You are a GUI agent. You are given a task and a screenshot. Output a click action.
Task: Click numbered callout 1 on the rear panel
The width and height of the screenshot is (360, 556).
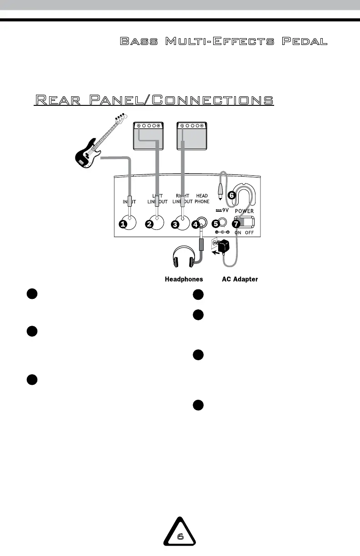point(123,223)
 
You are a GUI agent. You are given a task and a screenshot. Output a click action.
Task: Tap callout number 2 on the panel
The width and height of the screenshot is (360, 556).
point(150,223)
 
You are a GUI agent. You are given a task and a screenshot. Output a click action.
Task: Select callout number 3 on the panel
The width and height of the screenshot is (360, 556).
point(175,223)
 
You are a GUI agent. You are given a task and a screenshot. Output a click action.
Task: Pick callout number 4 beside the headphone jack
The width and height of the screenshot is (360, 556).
point(195,223)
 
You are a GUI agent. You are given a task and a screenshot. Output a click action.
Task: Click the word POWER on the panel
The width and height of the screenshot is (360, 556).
point(244,211)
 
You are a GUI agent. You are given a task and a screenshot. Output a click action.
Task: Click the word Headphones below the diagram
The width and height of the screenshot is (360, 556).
point(184,279)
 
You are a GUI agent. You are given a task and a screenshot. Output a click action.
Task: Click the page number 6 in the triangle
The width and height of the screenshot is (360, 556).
point(180,536)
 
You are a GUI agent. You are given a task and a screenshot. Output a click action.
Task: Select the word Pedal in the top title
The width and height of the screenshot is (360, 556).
point(305,42)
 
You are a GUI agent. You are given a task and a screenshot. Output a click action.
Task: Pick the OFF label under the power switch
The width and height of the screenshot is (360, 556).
point(249,233)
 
